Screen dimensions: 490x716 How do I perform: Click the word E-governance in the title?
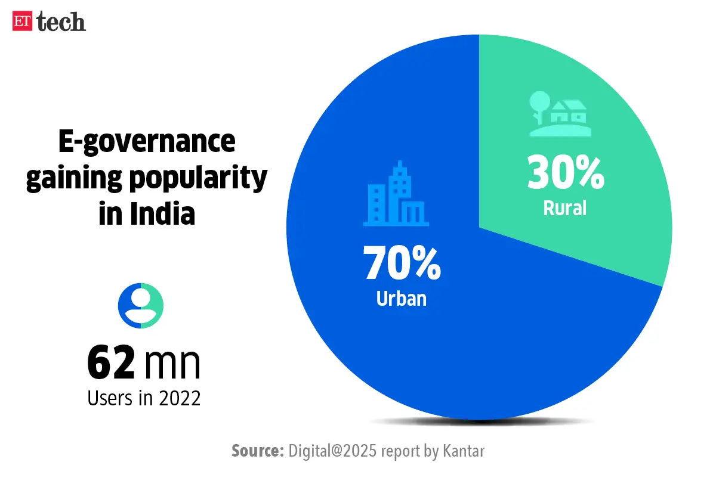click(147, 144)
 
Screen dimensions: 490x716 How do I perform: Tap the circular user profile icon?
click(141, 306)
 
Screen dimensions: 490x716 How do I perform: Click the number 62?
click(112, 363)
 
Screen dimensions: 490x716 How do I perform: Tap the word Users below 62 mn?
click(108, 398)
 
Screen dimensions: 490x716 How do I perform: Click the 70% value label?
click(402, 264)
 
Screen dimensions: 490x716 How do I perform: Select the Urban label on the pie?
click(402, 298)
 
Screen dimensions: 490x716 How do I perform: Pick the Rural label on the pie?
click(565, 208)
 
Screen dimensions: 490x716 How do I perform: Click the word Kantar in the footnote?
click(464, 451)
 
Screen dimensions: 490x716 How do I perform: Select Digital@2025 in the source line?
click(332, 451)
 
